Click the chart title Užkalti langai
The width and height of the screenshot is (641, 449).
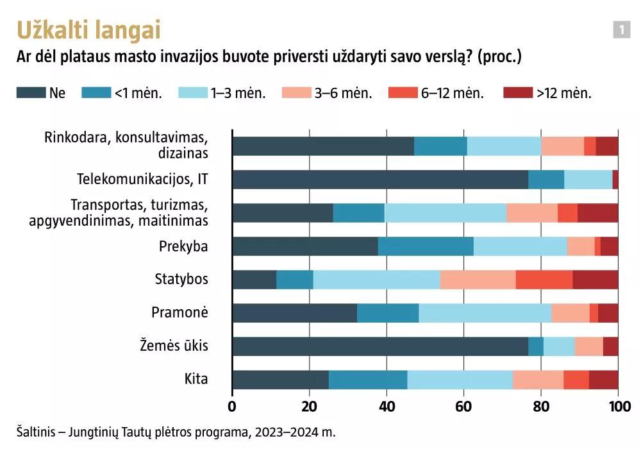[x=88, y=30]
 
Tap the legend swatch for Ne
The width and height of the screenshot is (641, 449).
[x=30, y=93]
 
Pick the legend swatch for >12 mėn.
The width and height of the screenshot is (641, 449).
[x=518, y=93]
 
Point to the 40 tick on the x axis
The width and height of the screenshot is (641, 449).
[x=387, y=406]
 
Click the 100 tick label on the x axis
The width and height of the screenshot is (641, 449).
[x=618, y=406]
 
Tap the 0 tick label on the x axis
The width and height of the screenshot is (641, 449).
[x=232, y=406]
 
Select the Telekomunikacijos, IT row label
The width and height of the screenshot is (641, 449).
[x=142, y=179]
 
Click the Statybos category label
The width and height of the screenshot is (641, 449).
[x=181, y=279]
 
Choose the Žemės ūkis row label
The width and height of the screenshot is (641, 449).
[x=174, y=346]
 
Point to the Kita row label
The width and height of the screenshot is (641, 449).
[x=196, y=379]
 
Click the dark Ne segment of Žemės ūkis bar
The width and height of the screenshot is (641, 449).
[x=379, y=346]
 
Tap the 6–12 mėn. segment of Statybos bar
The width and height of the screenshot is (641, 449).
[x=544, y=280]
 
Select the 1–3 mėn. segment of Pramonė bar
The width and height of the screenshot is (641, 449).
[x=485, y=313]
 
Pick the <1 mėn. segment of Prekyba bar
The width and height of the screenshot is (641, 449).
[x=425, y=246]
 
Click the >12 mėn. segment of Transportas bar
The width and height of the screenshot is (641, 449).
[x=597, y=213]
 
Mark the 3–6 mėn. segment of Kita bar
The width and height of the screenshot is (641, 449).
[x=538, y=380]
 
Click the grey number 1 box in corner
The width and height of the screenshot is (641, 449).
[x=621, y=30]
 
